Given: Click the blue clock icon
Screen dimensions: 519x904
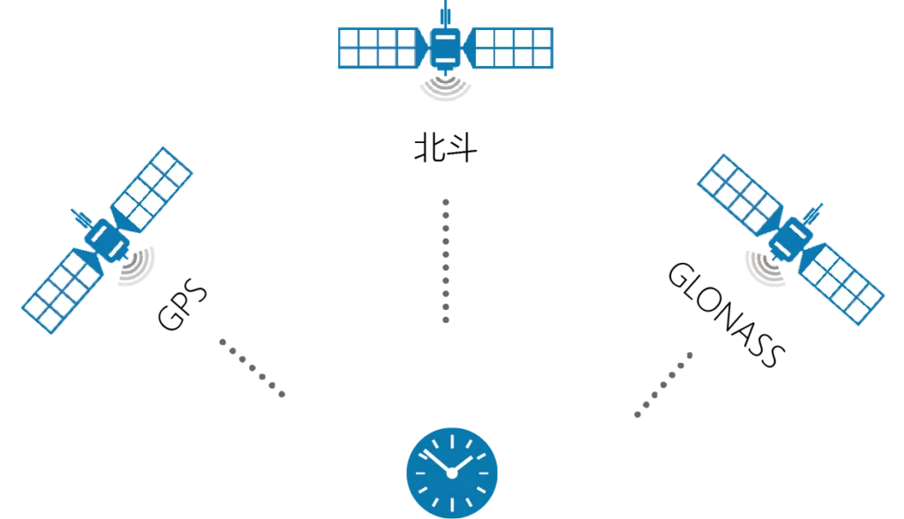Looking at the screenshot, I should click(x=452, y=471).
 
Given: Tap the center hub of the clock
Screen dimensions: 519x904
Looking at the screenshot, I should click(x=452, y=474).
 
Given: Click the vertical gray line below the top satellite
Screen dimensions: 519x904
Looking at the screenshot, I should click(x=445, y=260).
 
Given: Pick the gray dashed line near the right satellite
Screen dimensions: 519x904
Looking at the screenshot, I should click(x=663, y=385).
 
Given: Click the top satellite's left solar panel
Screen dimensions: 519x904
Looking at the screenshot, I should click(x=377, y=48).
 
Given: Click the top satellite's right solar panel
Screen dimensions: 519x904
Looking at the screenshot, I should click(x=513, y=48).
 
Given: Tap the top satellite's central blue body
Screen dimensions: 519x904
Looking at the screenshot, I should click(x=445, y=49).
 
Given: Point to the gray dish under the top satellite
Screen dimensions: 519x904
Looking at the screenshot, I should click(x=445, y=90).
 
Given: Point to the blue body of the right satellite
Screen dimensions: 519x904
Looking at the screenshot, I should click(x=791, y=237).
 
